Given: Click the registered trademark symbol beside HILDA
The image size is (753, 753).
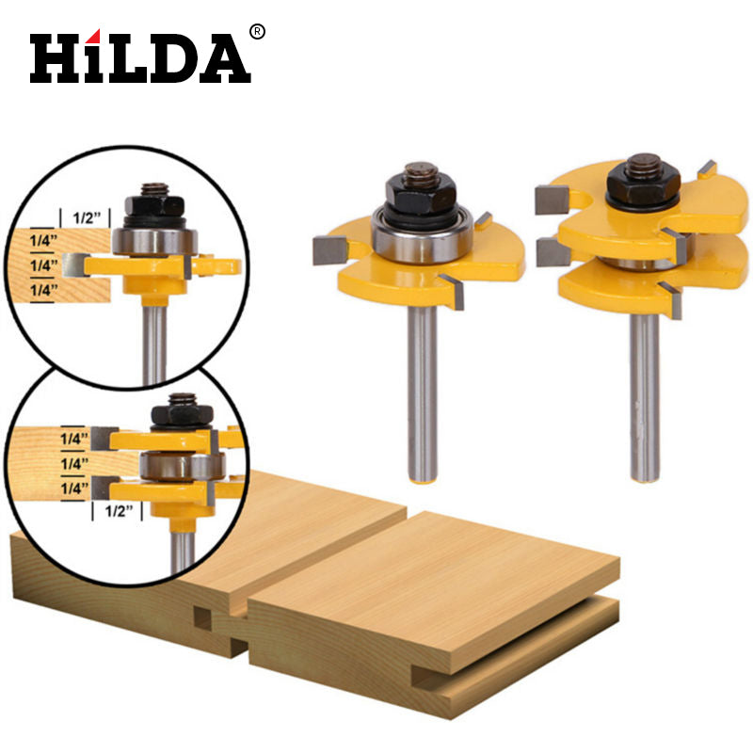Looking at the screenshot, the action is (x=257, y=32).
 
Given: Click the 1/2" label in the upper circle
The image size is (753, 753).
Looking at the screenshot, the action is (x=87, y=218).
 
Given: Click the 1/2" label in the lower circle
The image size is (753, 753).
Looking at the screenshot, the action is (x=119, y=511).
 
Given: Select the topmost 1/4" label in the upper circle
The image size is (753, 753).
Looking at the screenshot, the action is (x=43, y=240).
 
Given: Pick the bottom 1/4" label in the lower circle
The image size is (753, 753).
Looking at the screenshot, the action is (x=74, y=489).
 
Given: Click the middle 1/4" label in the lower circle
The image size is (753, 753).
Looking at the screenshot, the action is (x=74, y=463).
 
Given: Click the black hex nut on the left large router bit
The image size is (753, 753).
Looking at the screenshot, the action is (x=420, y=193).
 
